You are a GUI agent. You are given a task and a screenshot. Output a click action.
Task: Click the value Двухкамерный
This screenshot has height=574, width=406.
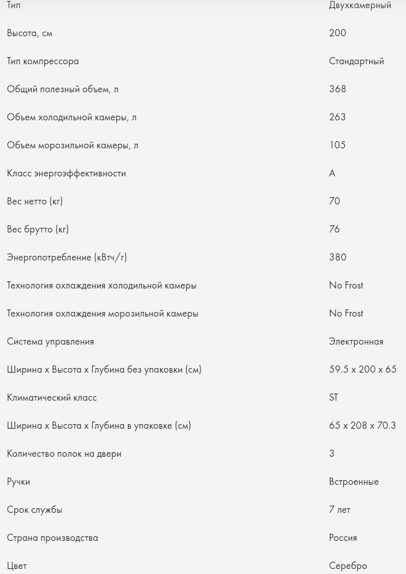coord(360,6)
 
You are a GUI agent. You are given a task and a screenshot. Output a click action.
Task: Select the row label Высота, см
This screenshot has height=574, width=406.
coord(30,34)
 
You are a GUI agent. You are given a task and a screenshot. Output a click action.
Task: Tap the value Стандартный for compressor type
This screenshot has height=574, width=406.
coord(357,62)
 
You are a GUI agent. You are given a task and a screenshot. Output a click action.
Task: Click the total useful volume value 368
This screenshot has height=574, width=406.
coord(338,89)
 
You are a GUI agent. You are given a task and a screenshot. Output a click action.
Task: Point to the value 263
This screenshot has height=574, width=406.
coord(338,117)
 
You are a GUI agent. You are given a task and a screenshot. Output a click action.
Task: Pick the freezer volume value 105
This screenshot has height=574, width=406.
coord(337,145)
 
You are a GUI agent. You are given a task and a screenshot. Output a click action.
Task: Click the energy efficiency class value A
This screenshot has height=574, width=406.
coord(333,173)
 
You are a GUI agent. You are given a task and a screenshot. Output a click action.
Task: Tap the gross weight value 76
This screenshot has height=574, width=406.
coord(335,229)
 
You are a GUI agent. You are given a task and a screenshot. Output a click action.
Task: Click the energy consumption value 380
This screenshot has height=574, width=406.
coord(338,257)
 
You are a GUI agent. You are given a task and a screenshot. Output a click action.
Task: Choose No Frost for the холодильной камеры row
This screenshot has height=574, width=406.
coord(346,285)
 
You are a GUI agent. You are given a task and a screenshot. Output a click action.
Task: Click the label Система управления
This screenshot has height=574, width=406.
coord(50,342)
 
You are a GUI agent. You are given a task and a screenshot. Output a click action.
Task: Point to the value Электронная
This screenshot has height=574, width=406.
coord(356,342)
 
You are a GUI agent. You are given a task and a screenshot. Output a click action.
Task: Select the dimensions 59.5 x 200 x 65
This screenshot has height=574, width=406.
coord(363,370)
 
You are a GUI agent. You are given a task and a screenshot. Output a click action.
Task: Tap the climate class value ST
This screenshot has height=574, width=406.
coord(334,398)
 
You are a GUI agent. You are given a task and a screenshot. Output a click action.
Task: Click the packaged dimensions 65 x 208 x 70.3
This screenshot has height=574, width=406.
coord(362,426)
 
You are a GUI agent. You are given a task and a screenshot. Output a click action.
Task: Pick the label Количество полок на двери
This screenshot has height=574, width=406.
coord(64,454)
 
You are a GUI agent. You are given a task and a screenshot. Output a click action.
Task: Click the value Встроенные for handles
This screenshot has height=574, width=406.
coord(354,482)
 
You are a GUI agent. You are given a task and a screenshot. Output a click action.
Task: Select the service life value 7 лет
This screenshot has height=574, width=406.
coord(340,510)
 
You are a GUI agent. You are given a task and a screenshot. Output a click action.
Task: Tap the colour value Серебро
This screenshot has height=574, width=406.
coord(348,566)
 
